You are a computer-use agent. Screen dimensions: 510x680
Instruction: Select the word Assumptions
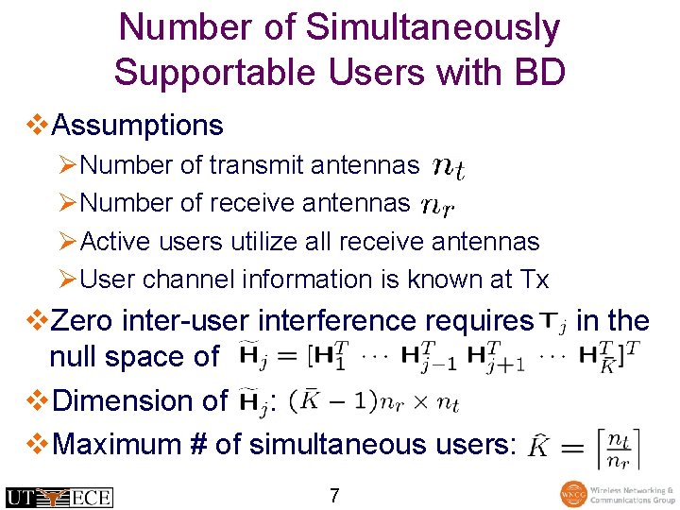[x=138, y=125]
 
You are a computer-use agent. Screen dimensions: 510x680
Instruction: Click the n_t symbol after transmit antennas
[x=448, y=167]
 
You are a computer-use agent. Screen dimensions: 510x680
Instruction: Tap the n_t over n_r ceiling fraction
[x=617, y=448]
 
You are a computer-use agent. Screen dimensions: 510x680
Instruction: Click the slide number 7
[x=334, y=495]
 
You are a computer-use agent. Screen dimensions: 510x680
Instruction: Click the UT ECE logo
[x=59, y=497]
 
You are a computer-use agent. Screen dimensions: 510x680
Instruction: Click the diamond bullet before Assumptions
[x=39, y=125]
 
